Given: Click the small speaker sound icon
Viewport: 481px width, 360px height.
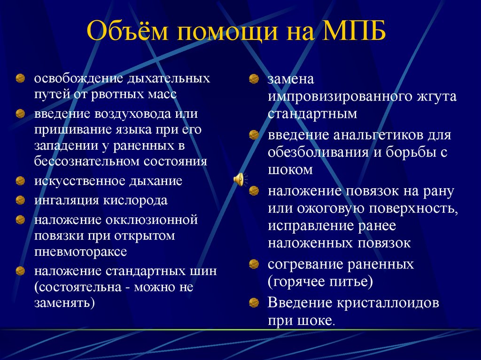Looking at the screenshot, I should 239,179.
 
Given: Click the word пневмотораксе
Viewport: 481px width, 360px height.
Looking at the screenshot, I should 80,251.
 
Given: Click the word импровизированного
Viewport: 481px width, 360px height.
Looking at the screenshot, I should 339,97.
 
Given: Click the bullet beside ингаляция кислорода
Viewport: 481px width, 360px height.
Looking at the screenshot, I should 20,200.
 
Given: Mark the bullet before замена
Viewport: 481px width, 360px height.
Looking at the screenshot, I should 254,79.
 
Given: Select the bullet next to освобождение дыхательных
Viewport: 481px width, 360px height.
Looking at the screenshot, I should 20,77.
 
